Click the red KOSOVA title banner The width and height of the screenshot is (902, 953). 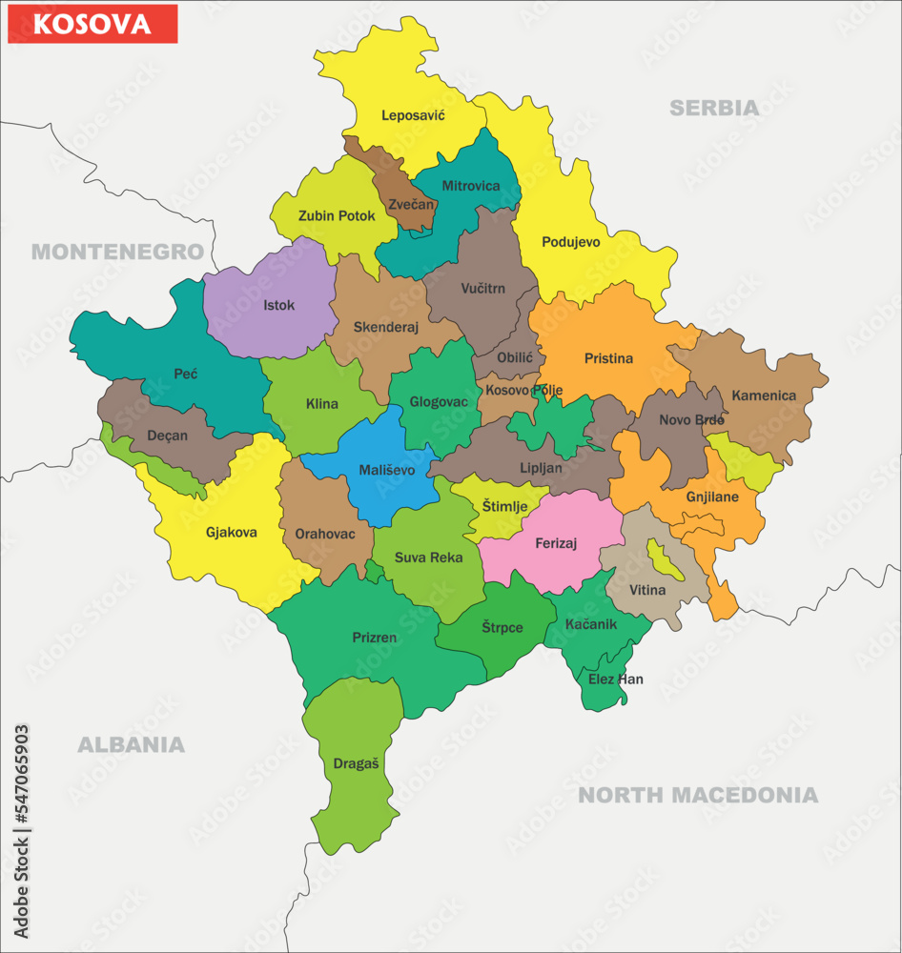tap(92, 24)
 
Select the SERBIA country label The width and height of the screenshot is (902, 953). tap(714, 108)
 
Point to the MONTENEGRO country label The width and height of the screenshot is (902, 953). tap(117, 252)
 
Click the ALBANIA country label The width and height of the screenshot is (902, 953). tap(131, 744)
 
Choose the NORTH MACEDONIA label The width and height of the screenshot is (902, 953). tap(698, 795)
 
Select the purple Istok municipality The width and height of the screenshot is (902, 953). tap(278, 306)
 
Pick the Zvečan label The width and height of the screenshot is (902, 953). tap(411, 204)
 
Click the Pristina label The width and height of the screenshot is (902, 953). tap(608, 358)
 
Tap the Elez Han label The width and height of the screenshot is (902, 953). tap(615, 679)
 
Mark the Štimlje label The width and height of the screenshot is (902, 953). tap(503, 506)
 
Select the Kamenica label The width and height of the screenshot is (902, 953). tap(763, 395)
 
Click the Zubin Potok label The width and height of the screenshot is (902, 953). tap(337, 215)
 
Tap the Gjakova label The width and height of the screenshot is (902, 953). tap(231, 533)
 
